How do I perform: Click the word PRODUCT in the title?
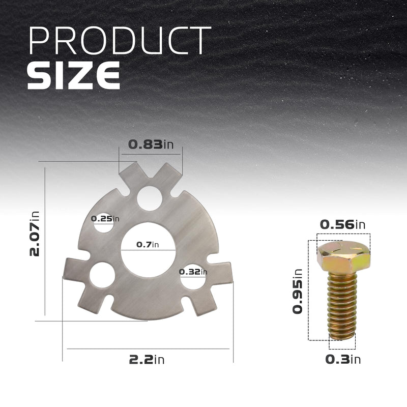(x=120, y=40)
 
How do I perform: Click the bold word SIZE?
(x=74, y=75)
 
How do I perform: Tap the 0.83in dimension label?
(x=151, y=144)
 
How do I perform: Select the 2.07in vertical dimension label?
(x=34, y=234)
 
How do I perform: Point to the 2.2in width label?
(x=147, y=360)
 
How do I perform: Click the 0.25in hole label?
(x=105, y=219)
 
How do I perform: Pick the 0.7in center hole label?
(x=148, y=244)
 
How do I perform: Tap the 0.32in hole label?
(x=193, y=272)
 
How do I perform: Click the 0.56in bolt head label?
(x=342, y=224)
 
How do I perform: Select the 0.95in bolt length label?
(x=298, y=291)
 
